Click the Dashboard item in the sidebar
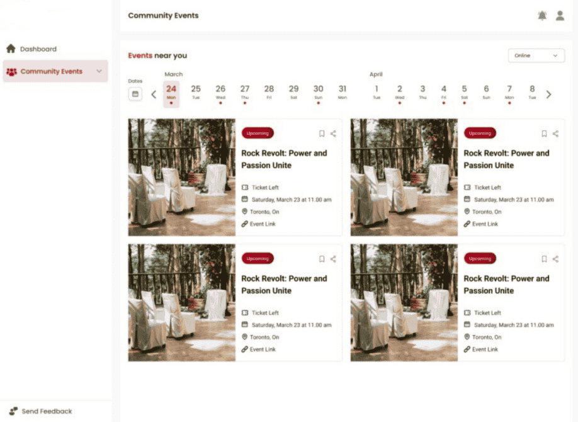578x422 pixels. click(38, 49)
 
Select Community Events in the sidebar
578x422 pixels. click(52, 72)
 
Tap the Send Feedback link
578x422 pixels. click(47, 411)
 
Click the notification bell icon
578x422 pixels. click(542, 16)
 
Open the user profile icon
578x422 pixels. click(560, 16)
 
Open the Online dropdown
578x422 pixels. click(536, 55)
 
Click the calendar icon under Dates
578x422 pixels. click(135, 94)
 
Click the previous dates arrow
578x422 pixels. click(154, 94)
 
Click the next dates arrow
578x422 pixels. click(548, 94)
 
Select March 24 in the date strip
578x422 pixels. click(171, 92)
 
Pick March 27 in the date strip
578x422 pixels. click(245, 92)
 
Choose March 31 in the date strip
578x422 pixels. click(343, 92)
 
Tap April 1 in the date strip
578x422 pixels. click(377, 92)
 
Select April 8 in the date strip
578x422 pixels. click(532, 92)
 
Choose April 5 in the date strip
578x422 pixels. click(464, 92)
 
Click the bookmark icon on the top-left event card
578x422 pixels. click(322, 134)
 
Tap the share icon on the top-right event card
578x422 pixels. click(555, 134)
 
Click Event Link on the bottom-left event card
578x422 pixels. click(263, 350)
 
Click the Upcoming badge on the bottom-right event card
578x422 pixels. click(480, 258)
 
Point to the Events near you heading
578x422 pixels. click(157, 55)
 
